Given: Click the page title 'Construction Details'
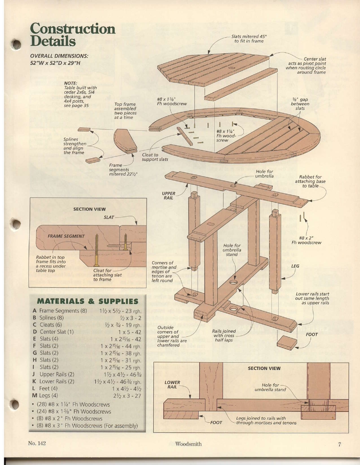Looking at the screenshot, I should point(72,35).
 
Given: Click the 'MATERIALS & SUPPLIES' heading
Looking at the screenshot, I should point(88,301).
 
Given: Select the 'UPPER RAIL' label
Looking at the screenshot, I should point(169,195).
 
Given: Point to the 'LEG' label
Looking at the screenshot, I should point(295,266).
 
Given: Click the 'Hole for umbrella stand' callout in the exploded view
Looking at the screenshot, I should point(232,250).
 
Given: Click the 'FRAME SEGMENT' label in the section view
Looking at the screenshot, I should point(66,236).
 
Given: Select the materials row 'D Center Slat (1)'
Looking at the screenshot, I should point(53,332).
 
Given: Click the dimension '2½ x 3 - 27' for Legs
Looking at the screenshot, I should point(126,396).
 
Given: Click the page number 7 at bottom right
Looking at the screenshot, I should point(339,444).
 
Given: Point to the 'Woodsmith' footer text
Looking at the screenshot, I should point(188,444).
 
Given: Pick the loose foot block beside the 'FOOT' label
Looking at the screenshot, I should point(287,342).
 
